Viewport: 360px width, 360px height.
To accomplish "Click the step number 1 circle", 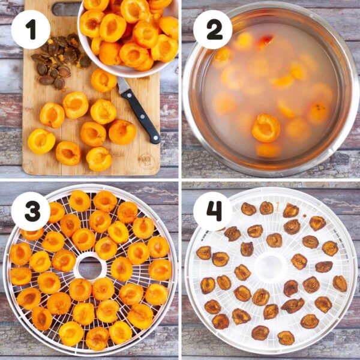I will click(x=30, y=29).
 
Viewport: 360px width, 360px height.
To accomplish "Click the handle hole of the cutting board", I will click(x=66, y=8).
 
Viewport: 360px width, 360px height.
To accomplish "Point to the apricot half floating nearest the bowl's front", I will click(x=266, y=127).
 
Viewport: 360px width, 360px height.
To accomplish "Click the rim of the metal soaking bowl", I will click(x=187, y=90).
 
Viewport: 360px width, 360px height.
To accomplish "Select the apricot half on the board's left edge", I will click(x=41, y=141).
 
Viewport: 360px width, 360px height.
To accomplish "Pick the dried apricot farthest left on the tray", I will click(x=204, y=253).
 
